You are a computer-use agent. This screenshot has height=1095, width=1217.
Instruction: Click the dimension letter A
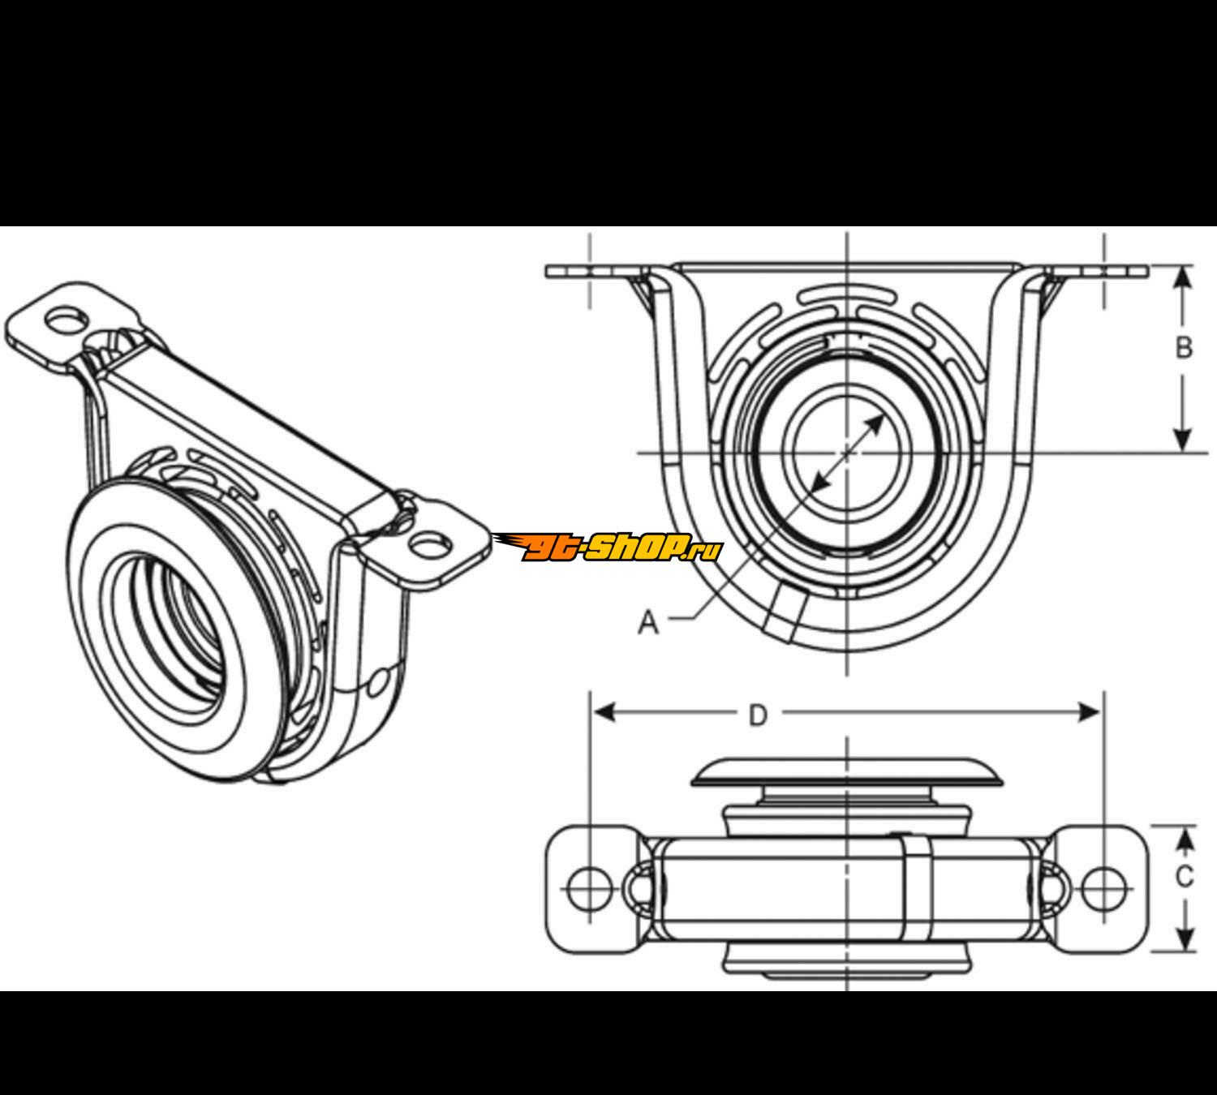pyautogui.click(x=647, y=622)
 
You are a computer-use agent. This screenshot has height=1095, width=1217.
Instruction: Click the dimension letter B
pyautogui.click(x=1184, y=348)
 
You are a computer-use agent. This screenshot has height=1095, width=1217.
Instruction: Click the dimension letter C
pyautogui.click(x=1185, y=877)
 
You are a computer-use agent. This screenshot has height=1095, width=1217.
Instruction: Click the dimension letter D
pyautogui.click(x=757, y=715)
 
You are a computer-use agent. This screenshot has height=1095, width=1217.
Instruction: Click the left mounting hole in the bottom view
pyautogui.click(x=589, y=887)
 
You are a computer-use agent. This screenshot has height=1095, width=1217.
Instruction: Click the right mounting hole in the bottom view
pyautogui.click(x=1103, y=887)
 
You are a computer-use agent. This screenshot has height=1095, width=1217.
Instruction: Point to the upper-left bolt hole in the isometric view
pyautogui.click(x=65, y=319)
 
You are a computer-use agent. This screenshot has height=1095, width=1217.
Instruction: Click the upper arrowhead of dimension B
pyautogui.click(x=1184, y=276)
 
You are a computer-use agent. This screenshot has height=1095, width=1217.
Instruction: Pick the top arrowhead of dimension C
pyautogui.click(x=1185, y=835)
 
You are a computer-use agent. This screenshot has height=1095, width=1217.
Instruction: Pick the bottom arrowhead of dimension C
pyautogui.click(x=1185, y=941)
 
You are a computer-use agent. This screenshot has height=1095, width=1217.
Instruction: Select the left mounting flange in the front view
pyautogui.click(x=588, y=272)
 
